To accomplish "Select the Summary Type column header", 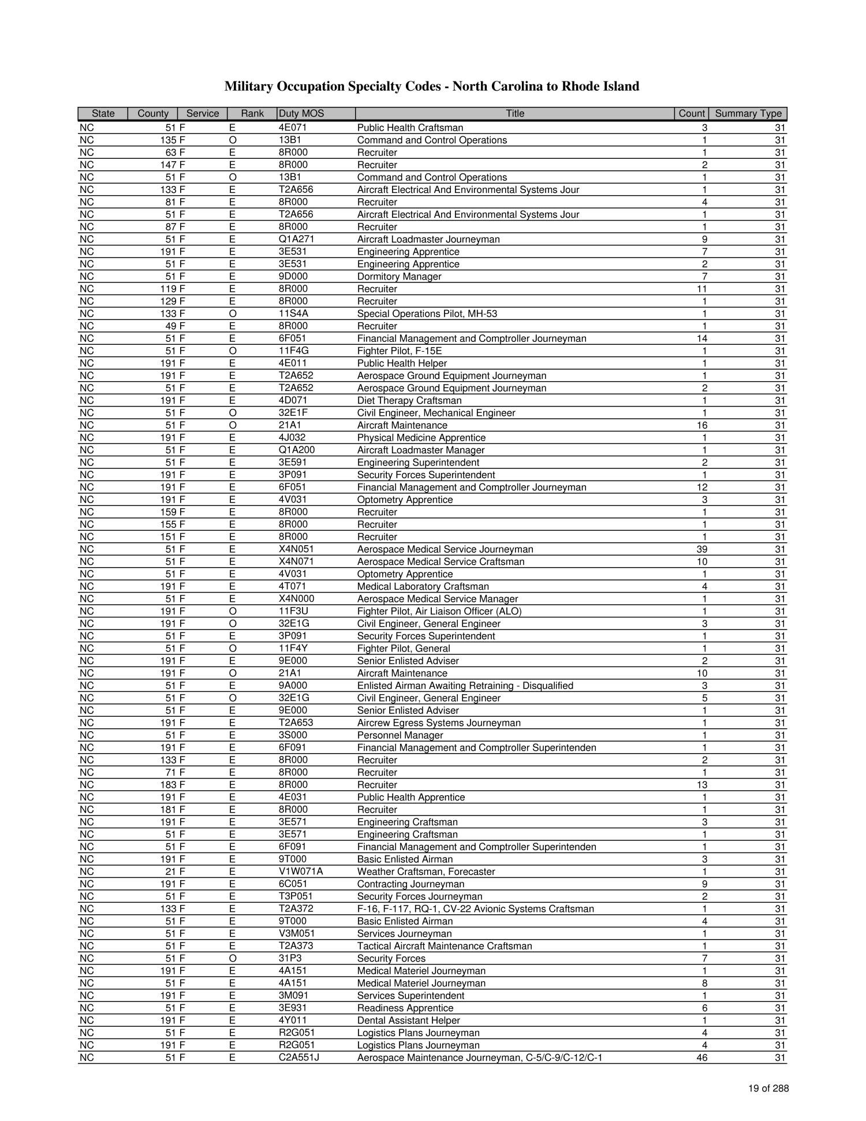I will point(748,114).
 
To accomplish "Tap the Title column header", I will point(514,114).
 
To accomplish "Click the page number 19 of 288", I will point(768,1089).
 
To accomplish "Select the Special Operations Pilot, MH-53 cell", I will point(427,314).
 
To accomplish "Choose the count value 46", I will point(702,1058).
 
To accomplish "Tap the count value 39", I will point(702,549).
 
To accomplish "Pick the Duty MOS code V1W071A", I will point(300,872).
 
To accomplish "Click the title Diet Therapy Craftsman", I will point(409,401).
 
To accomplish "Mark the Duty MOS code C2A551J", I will point(298,1058).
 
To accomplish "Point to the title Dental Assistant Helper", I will point(408,1021).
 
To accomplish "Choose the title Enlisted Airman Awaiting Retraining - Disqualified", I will point(465,686).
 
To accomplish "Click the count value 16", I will point(702,426).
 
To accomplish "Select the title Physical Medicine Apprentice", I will point(421,438).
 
